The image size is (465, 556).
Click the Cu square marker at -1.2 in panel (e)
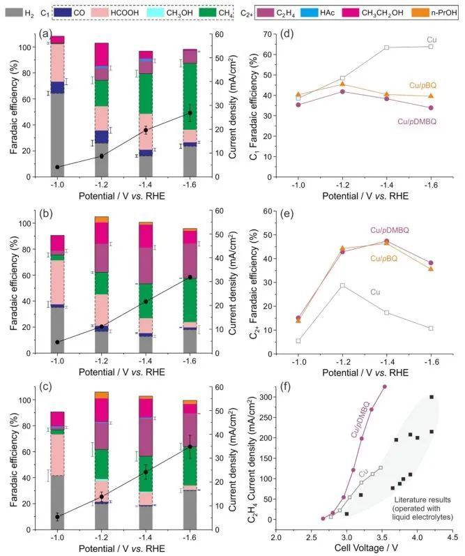pyautogui.click(x=342, y=285)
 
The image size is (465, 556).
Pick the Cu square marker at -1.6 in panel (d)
pyautogui.click(x=431, y=47)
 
